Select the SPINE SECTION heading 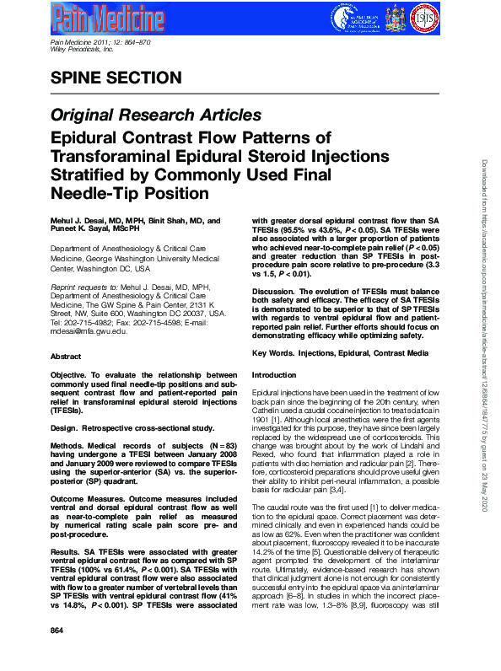click(x=116, y=78)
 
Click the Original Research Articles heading click(x=156, y=115)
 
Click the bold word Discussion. click(x=277, y=288)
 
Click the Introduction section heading click(x=275, y=373)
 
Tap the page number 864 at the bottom click(x=57, y=654)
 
